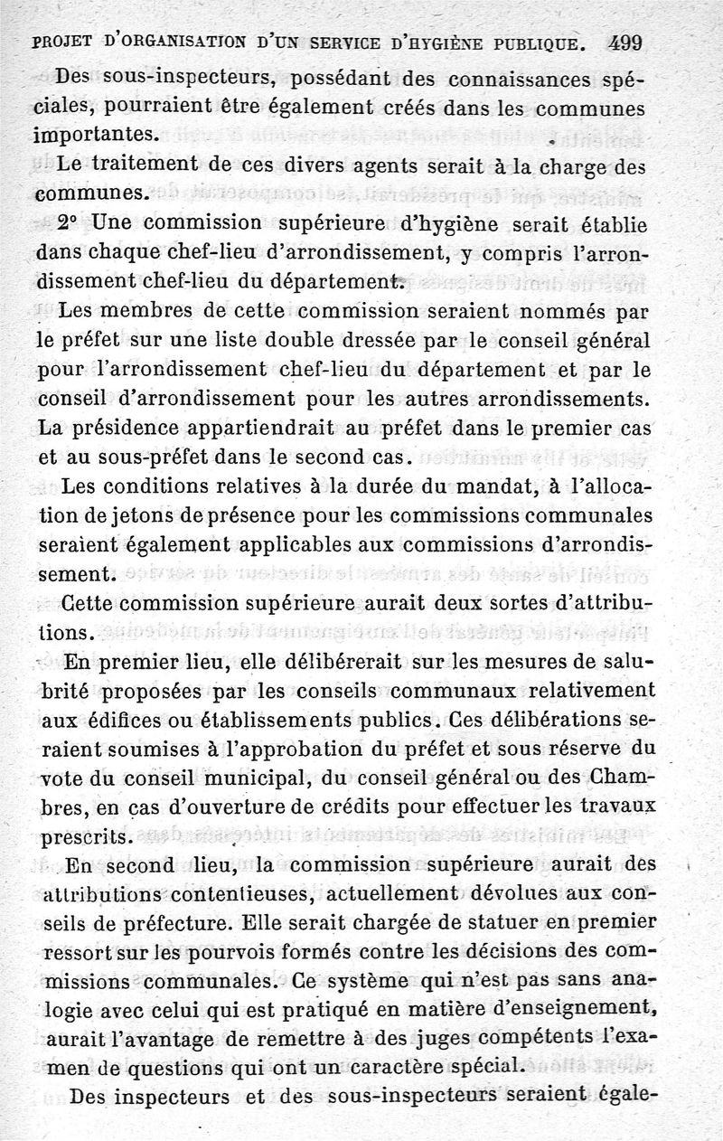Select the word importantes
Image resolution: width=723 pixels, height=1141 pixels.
click(x=94, y=136)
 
